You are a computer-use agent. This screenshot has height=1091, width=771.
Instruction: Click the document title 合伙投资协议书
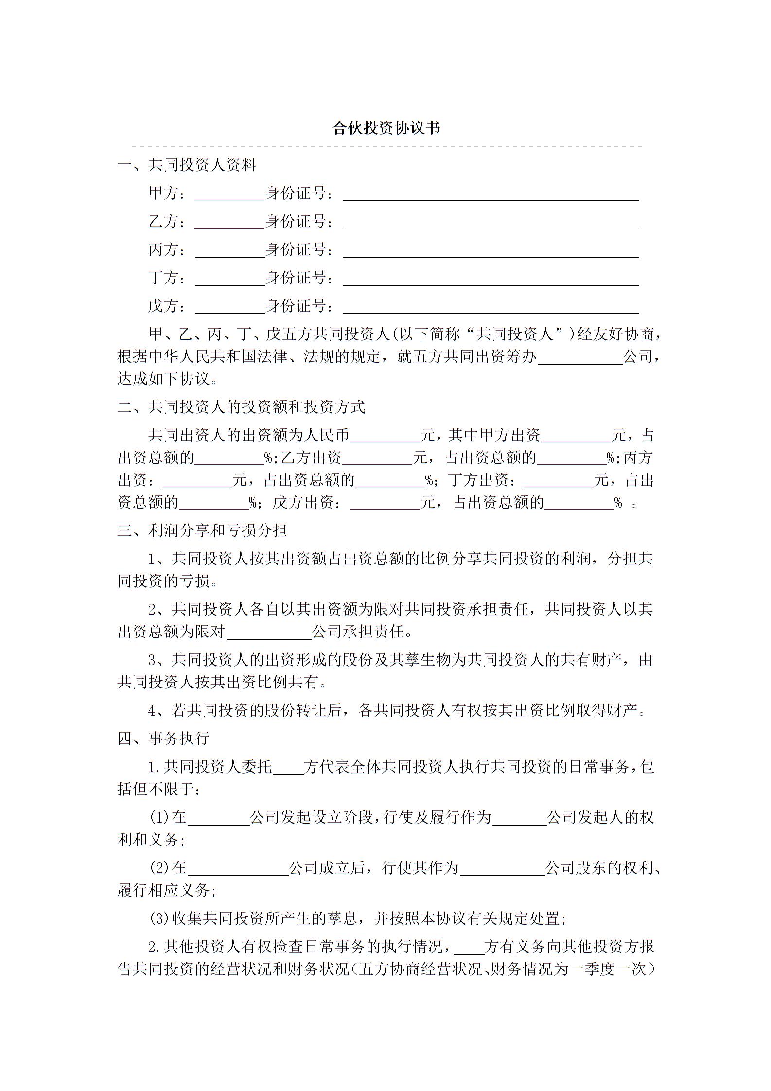(386, 128)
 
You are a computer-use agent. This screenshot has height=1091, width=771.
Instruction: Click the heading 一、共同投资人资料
(187, 165)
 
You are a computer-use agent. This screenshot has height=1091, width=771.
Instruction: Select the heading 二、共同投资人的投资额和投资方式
(241, 407)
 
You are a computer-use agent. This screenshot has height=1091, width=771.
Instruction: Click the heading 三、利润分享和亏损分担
(202, 530)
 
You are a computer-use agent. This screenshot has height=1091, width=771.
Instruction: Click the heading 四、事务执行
(163, 739)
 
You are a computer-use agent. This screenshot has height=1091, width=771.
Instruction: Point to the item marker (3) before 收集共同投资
(158, 919)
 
